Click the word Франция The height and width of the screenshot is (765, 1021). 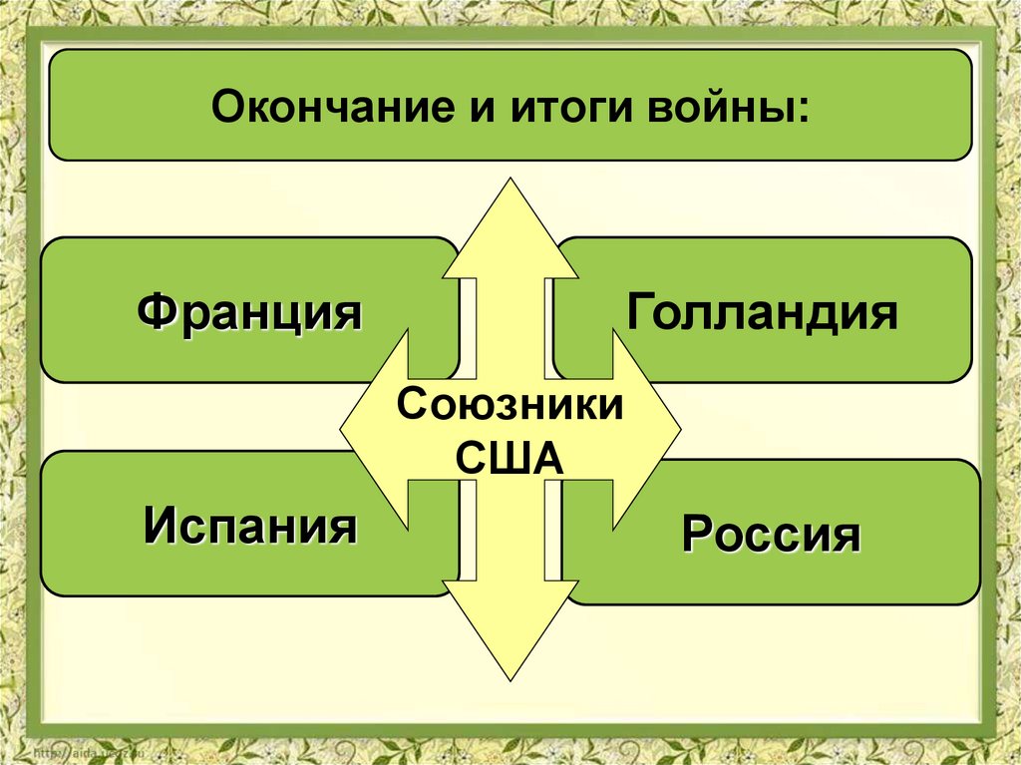point(249,311)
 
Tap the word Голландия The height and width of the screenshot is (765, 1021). point(763,311)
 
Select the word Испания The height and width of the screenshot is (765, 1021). point(249,524)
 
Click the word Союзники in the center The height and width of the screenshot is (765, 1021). point(510,409)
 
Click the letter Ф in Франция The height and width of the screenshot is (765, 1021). point(158,311)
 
